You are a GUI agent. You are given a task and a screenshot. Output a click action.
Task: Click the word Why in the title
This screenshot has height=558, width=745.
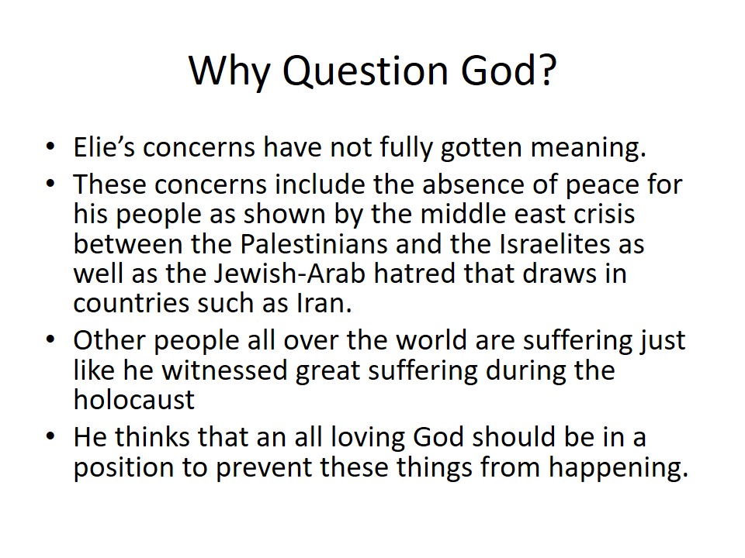point(230,72)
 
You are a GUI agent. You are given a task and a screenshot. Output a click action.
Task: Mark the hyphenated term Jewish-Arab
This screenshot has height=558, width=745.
point(289,273)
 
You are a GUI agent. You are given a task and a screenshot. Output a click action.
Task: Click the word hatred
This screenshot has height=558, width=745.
point(414,273)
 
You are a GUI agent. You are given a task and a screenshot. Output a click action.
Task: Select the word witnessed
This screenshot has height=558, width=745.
point(225,370)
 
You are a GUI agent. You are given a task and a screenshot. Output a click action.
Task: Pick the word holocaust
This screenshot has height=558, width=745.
point(134,400)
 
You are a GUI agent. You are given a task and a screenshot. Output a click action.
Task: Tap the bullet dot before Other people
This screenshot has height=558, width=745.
point(50,339)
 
